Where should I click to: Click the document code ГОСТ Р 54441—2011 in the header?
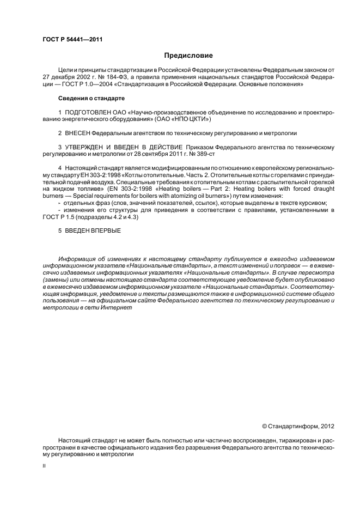tap(72, 40)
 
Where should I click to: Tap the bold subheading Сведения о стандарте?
tap(91, 98)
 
